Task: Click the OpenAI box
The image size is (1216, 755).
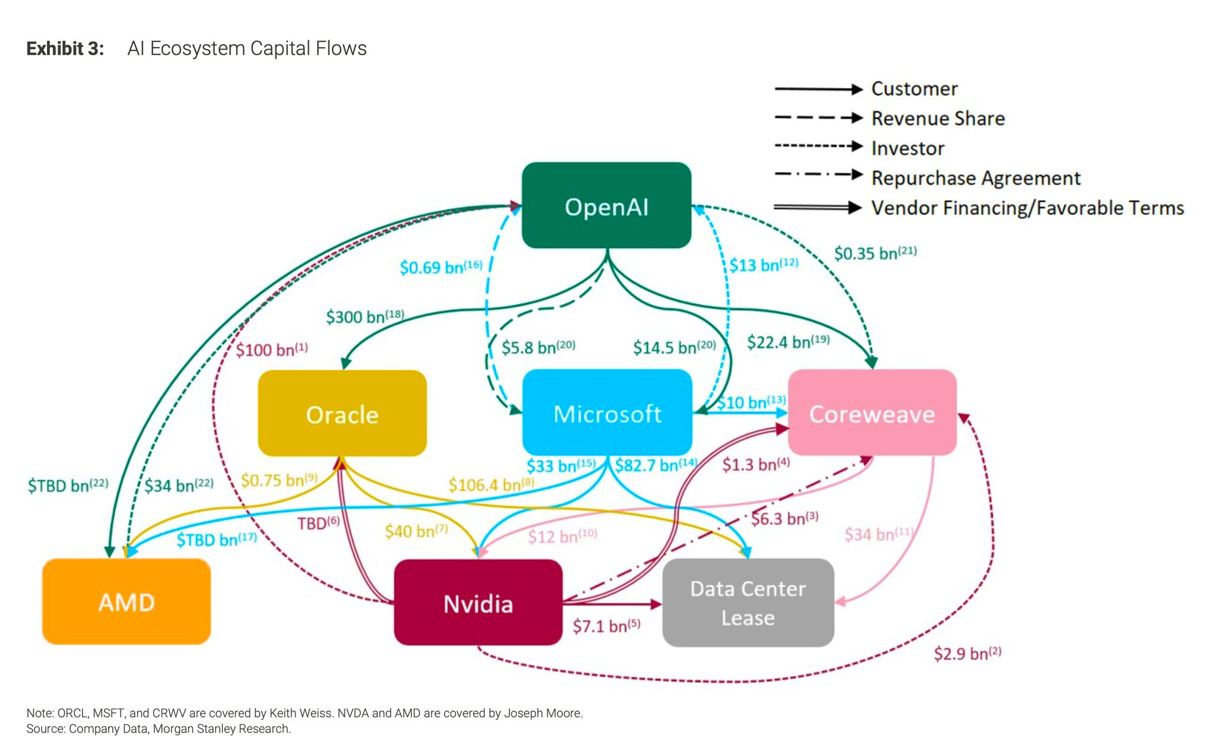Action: coord(606,205)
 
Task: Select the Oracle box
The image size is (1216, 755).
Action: coord(342,414)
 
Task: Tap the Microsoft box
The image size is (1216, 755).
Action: coord(607,413)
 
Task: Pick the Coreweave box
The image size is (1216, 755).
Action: coord(872,413)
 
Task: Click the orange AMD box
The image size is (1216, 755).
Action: coord(126,602)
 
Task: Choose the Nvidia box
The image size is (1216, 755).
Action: coord(478,603)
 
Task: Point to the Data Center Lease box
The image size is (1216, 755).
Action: coord(748,602)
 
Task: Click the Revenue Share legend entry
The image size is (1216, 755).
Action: coord(938,118)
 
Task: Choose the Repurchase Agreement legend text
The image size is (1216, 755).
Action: coord(976,177)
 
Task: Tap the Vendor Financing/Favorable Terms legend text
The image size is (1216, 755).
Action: coord(1027,208)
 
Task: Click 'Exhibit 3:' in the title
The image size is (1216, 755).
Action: coord(65,48)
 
